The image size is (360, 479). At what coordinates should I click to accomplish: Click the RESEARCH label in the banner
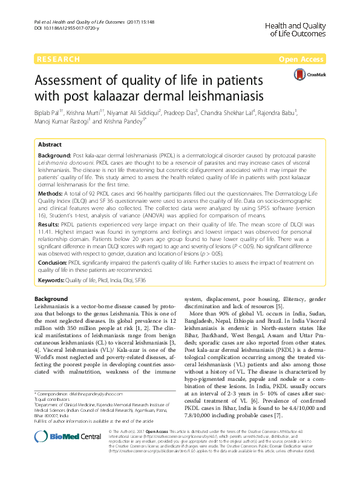tap(58, 59)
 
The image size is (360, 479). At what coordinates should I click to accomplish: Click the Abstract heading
tap(50, 145)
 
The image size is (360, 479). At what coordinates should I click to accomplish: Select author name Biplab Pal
tap(51, 113)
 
